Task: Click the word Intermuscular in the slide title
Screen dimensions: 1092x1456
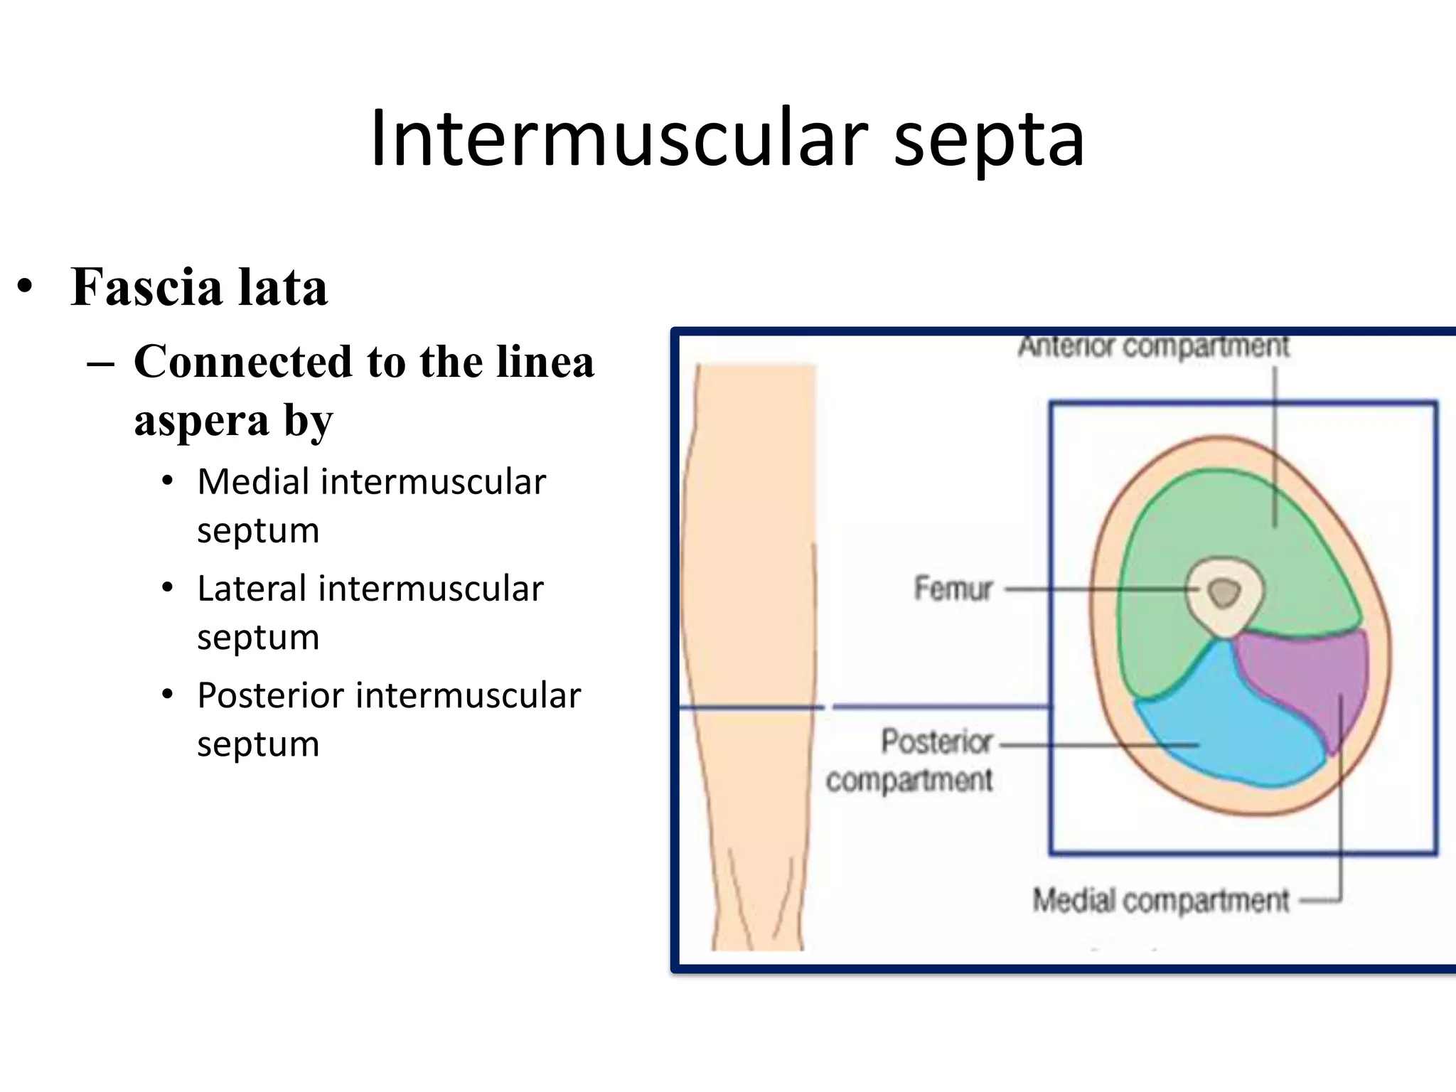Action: pos(619,139)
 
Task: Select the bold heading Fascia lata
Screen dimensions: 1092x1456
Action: pos(199,288)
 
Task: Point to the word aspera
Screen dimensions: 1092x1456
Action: pos(202,421)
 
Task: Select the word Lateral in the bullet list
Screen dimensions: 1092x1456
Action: pos(252,589)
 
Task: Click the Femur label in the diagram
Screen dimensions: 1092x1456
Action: pos(953,589)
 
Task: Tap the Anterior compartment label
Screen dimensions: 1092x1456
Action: pos(1153,347)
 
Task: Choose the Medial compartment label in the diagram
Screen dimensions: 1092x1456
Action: pos(1160,900)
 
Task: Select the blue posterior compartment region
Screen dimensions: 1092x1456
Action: pos(1223,732)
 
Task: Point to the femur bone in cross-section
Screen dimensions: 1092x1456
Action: pos(1224,593)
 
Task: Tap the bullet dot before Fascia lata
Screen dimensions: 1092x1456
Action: pos(26,288)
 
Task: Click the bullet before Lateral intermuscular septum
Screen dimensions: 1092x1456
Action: pos(167,589)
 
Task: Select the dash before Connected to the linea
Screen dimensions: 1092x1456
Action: pos(100,363)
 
